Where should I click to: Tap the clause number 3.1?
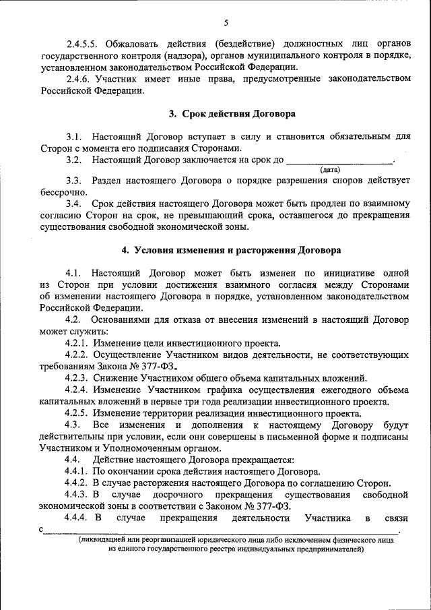(74, 136)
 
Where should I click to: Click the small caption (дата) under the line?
(330, 170)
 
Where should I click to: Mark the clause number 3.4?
(74, 204)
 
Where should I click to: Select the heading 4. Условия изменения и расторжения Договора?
(231, 249)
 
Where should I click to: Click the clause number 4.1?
(74, 272)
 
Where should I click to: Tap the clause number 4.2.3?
(77, 379)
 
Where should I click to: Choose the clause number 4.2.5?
(77, 413)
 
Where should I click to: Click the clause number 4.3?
(73, 425)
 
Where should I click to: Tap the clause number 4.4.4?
(77, 518)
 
